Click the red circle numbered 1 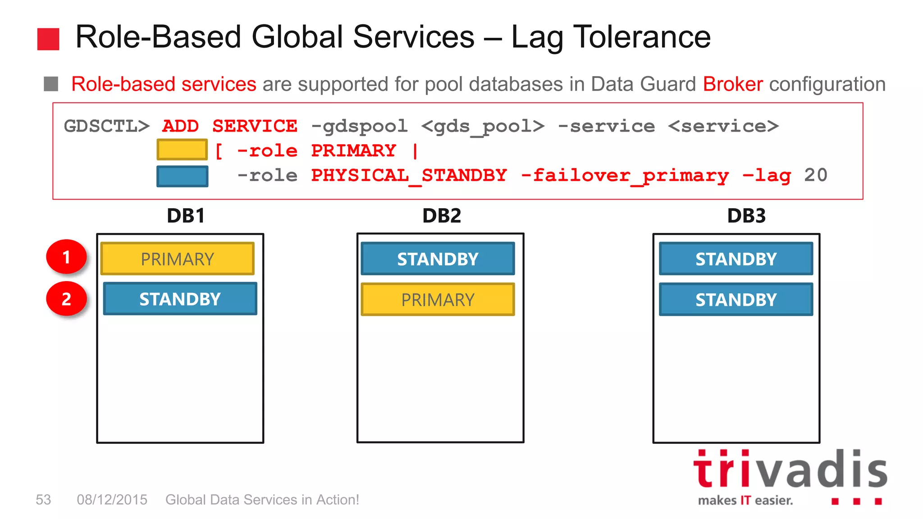(66, 257)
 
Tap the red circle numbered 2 (66, 299)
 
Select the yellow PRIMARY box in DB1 (178, 259)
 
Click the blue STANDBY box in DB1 (180, 299)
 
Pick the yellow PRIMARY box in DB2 (438, 299)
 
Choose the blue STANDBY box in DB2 (438, 259)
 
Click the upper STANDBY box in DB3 (736, 259)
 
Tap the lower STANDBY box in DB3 (736, 299)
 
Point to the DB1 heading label (186, 216)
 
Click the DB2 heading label (442, 216)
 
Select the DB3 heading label (746, 216)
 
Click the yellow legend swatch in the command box (182, 150)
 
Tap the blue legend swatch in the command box (182, 176)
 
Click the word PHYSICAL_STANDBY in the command (409, 175)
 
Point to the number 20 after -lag (816, 175)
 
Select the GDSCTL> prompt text (106, 126)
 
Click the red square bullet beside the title (48, 39)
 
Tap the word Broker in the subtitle (733, 84)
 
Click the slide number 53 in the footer (43, 500)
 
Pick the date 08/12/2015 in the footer (112, 500)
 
